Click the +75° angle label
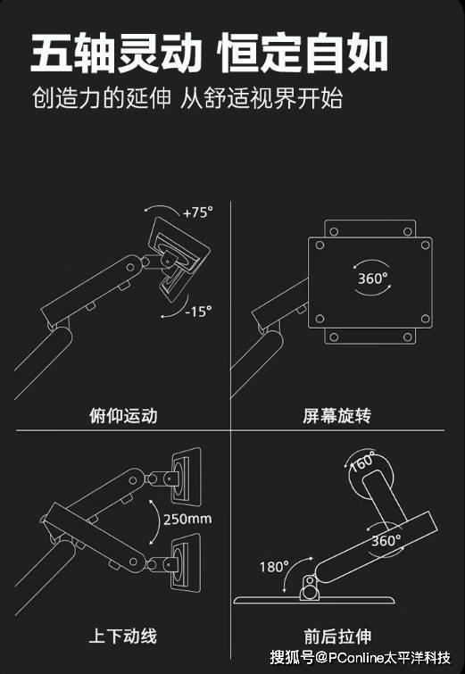click(197, 212)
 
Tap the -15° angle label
click(198, 312)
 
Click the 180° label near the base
click(275, 566)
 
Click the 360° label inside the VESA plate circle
click(372, 278)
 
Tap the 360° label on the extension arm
click(386, 541)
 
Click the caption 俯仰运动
click(116, 415)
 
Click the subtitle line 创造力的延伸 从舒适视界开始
click(187, 97)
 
